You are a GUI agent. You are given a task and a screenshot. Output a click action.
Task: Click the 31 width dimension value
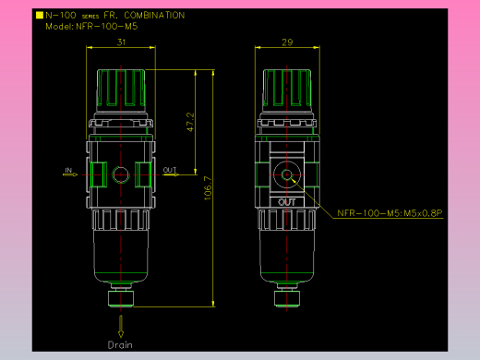[x=121, y=42]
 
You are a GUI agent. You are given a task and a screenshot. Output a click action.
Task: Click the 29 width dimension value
[x=287, y=42]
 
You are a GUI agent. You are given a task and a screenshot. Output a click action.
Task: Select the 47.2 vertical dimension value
[x=190, y=122]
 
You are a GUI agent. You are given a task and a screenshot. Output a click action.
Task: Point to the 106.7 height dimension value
[x=208, y=188]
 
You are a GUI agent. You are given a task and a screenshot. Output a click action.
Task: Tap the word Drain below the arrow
[x=120, y=345]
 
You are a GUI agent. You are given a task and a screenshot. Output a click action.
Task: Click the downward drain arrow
[x=121, y=327]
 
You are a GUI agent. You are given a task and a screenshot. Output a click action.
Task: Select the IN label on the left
[x=68, y=170]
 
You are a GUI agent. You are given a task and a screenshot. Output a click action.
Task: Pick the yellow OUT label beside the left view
[x=170, y=170]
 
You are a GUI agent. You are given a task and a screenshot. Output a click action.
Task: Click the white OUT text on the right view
[x=286, y=202]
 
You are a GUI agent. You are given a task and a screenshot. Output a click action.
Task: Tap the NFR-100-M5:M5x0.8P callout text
[x=390, y=213]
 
